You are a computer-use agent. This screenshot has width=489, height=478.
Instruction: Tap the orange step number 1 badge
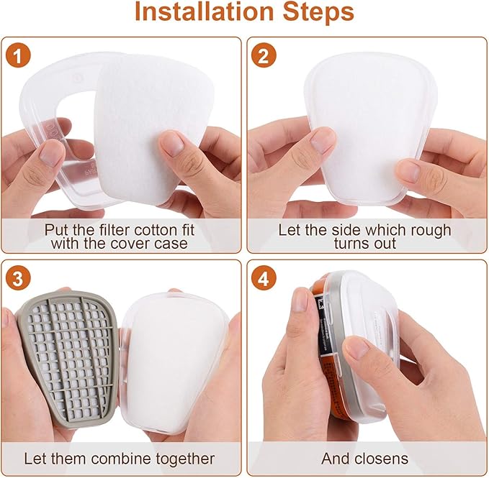pos(19,55)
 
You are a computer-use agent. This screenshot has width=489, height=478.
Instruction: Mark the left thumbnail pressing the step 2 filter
pos(322,141)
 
